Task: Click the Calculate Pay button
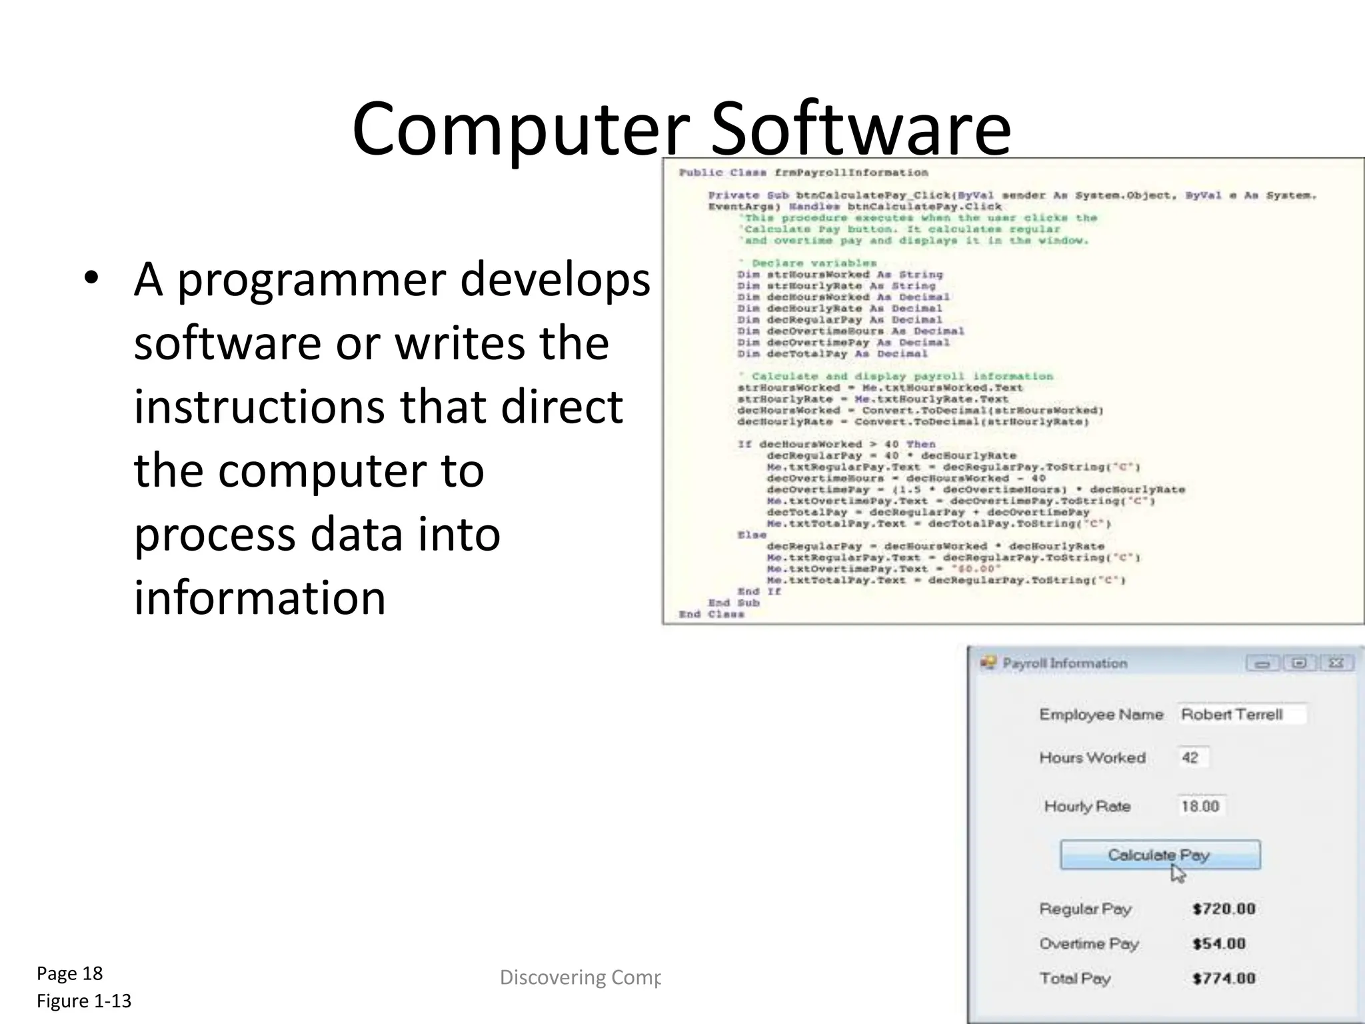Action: point(1160,855)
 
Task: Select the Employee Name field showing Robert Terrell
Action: point(1241,715)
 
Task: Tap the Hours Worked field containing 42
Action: point(1192,758)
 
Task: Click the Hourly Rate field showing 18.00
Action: point(1201,807)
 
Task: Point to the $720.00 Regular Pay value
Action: point(1224,909)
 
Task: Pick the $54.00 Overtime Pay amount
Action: point(1219,943)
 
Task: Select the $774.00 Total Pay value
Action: point(1224,978)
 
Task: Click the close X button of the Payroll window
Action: point(1336,663)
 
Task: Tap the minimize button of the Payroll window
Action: point(1262,663)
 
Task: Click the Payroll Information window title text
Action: point(1064,663)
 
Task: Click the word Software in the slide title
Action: point(860,129)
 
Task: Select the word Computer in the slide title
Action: point(521,129)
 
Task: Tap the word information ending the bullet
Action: point(260,597)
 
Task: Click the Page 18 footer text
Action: point(70,973)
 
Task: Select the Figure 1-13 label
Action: point(84,1001)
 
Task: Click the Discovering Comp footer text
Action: point(580,977)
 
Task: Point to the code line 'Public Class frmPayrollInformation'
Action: point(803,173)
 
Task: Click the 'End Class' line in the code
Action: point(711,614)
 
